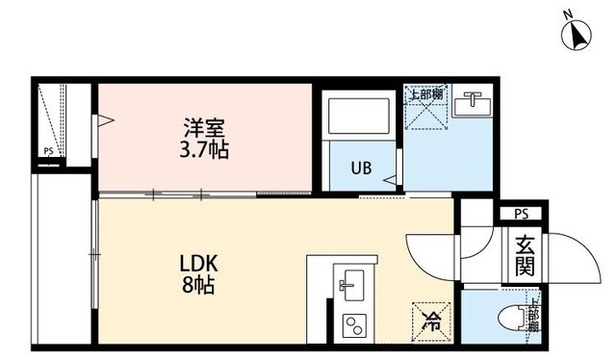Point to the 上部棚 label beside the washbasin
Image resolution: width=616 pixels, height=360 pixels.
424,94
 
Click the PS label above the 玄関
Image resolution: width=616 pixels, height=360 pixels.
521,213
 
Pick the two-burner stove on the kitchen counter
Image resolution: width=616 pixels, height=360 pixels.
351,324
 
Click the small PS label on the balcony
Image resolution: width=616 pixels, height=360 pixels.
48,151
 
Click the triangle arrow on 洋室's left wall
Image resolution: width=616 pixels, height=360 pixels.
105,121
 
